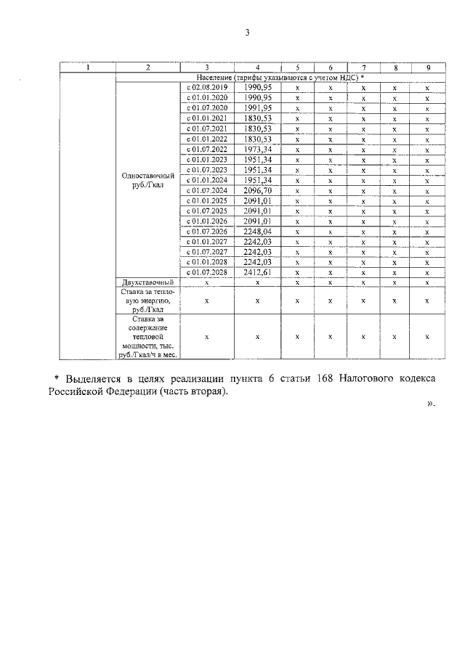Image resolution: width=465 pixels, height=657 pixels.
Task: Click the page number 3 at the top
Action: coord(247,33)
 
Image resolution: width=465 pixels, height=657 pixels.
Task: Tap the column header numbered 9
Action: coord(428,68)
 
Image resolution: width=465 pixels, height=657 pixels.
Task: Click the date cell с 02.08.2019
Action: coord(207,87)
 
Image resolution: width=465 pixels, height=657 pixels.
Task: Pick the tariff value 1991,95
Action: coord(258,107)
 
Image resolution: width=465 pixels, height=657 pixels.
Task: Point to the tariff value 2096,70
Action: coord(258,190)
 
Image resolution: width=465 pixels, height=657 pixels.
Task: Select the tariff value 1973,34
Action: coord(258,149)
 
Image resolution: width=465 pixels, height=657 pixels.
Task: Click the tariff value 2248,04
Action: coord(258,232)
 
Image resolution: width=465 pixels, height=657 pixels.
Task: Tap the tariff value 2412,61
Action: coord(258,273)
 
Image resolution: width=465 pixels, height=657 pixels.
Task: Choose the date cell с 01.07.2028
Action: coord(207,273)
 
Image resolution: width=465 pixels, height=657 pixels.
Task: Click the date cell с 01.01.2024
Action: coord(207,180)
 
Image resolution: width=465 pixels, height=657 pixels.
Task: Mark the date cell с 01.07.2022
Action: coord(207,149)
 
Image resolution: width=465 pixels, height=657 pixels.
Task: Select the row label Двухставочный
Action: coord(147,282)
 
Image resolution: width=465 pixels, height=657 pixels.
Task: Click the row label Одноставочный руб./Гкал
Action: coord(147,180)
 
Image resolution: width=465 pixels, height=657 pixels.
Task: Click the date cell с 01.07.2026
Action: coord(207,232)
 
